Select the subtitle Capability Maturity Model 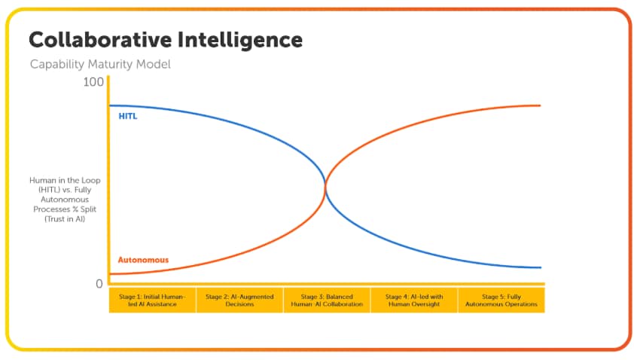[100, 64]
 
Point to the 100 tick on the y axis [93, 81]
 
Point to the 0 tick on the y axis [99, 284]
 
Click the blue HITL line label [128, 117]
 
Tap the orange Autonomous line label [143, 260]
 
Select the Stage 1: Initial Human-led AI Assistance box [153, 301]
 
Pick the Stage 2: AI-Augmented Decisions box [239, 301]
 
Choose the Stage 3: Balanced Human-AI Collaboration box [327, 301]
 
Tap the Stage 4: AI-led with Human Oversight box [413, 301]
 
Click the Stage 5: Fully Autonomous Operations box [501, 301]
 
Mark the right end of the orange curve [541, 105]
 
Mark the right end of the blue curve [541, 267]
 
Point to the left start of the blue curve [111, 105]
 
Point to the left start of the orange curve [111, 274]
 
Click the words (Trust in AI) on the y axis [66, 218]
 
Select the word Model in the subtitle [154, 64]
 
